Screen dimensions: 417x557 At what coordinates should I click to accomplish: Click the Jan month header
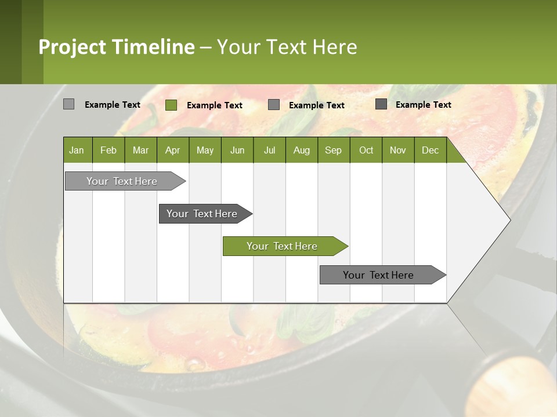[77, 150]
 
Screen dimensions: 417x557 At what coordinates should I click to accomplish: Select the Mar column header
[140, 150]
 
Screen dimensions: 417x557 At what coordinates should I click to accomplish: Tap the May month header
[205, 150]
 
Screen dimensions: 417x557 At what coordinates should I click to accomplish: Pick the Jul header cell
[269, 150]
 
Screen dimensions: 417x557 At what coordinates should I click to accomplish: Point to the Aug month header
[301, 150]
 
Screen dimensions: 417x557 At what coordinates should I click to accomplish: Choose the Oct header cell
[366, 150]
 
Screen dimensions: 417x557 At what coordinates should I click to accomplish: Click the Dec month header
[430, 150]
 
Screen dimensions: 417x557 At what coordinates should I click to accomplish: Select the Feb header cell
[108, 150]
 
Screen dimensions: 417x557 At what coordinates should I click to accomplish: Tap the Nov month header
[398, 150]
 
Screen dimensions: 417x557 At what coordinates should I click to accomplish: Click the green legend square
[171, 105]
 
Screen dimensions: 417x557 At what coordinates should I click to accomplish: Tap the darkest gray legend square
[381, 104]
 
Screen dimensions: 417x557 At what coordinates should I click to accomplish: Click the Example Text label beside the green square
[215, 105]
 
